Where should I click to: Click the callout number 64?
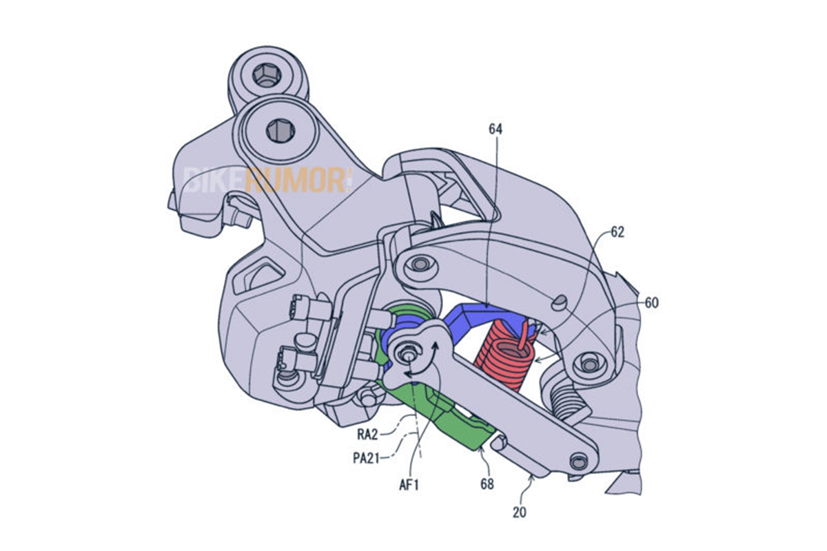click(x=496, y=129)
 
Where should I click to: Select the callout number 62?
click(x=617, y=232)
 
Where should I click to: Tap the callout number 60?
click(x=652, y=302)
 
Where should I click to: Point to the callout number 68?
click(x=487, y=484)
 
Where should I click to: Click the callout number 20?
click(x=519, y=512)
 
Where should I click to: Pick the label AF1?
click(x=409, y=485)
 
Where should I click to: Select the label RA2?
click(x=367, y=435)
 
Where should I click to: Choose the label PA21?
click(x=366, y=458)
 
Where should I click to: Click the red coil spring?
click(x=504, y=356)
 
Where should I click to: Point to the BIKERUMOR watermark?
click(x=268, y=180)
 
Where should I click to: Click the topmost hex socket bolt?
click(x=267, y=75)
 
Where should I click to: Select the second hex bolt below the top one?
click(x=280, y=131)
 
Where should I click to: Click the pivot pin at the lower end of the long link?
click(x=578, y=461)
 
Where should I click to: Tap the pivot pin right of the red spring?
click(x=589, y=364)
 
